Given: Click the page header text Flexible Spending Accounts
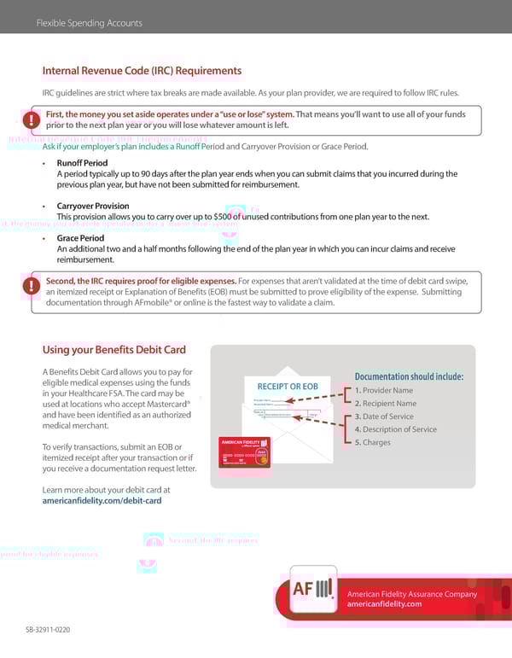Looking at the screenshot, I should pyautogui.click(x=90, y=23).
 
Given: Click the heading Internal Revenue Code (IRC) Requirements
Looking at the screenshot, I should pyautogui.click(x=142, y=71).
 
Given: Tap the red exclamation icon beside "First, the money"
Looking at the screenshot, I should pyautogui.click(x=32, y=119).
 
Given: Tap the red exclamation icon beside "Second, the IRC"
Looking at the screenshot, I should pyautogui.click(x=32, y=286).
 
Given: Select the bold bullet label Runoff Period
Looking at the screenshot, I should pyautogui.click(x=82, y=162).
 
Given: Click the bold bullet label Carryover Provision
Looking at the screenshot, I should pyautogui.click(x=93, y=206).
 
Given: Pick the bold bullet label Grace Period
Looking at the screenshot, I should pyautogui.click(x=80, y=238).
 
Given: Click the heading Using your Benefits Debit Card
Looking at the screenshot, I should pyautogui.click(x=113, y=350).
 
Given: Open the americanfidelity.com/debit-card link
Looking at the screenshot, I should pyautogui.click(x=102, y=501).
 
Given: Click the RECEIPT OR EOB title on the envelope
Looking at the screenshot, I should pyautogui.click(x=288, y=387).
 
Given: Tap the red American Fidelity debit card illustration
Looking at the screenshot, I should pyautogui.click(x=245, y=451).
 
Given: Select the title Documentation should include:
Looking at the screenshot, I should pyautogui.click(x=409, y=376).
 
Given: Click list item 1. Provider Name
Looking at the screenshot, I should pyautogui.click(x=383, y=390).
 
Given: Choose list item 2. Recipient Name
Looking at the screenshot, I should pyautogui.click(x=385, y=403).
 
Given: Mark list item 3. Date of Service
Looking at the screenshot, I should pyautogui.click(x=384, y=416).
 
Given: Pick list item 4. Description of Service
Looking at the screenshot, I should pyautogui.click(x=395, y=429).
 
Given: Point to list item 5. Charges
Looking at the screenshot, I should pyautogui.click(x=372, y=442).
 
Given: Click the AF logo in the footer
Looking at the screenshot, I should pyautogui.click(x=312, y=590).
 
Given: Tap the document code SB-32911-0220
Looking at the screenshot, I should pyautogui.click(x=47, y=629).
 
